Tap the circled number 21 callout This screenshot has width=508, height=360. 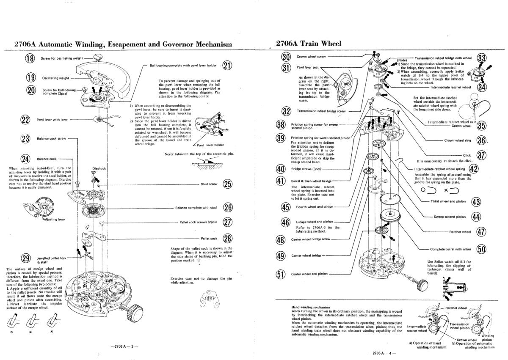point(227,66)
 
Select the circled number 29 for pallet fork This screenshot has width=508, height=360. point(27,259)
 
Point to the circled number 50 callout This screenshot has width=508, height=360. point(481,249)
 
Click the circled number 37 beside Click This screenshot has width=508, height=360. point(481,155)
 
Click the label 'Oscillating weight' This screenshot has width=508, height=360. point(55,78)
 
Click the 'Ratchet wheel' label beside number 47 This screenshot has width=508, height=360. point(460,232)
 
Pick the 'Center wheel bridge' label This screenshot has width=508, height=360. point(306,256)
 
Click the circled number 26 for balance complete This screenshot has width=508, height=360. point(228,208)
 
